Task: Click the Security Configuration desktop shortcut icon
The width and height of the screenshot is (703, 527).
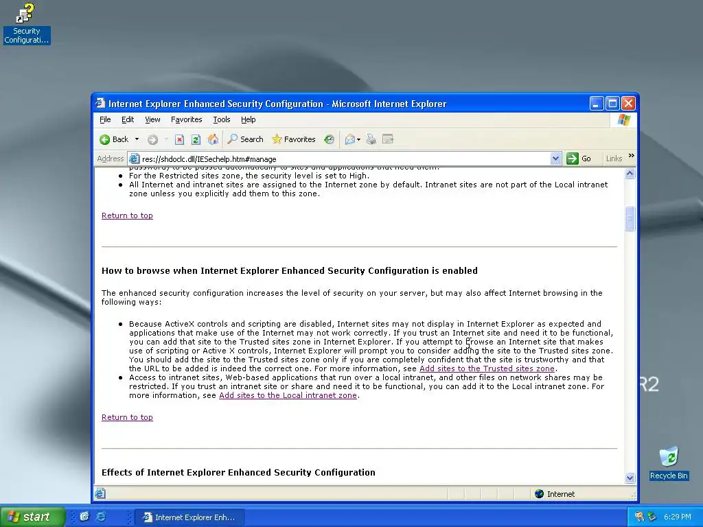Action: pos(26,14)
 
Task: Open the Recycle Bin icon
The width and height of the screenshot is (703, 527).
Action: pos(668,457)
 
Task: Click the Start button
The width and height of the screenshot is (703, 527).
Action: pos(32,517)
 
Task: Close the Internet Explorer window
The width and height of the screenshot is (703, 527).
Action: pos(628,104)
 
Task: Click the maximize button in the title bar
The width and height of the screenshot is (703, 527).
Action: pos(612,104)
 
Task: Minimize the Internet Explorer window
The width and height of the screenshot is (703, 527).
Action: pos(597,104)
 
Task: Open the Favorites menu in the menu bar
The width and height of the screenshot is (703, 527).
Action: pos(186,119)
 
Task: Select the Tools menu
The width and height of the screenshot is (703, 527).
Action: pos(221,119)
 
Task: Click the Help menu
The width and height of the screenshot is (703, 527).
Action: pos(248,119)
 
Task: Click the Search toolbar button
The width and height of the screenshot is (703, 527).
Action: pos(246,139)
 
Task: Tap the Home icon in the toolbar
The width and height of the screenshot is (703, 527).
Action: pos(213,139)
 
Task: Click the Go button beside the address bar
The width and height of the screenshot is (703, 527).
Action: pos(579,159)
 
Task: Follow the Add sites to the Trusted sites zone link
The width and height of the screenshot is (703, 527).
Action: pos(487,368)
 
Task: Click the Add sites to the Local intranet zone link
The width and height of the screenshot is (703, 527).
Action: pos(288,395)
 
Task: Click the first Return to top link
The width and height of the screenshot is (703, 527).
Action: pos(127,215)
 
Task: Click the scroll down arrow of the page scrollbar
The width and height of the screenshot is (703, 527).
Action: pos(630,478)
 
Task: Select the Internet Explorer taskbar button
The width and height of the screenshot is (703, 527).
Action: pos(188,517)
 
